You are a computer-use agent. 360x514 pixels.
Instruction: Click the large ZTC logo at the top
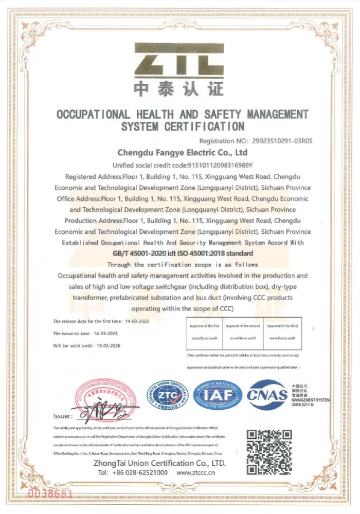179,61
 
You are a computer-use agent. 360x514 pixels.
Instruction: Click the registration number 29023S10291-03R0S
282,140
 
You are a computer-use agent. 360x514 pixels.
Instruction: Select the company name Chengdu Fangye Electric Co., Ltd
183,153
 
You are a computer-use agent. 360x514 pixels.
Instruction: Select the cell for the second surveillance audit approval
243,332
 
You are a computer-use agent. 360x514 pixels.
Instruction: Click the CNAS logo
267,395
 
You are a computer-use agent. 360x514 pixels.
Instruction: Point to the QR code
269,452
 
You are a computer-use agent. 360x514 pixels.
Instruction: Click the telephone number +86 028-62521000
140,472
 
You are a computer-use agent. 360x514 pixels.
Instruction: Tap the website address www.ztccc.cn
196,472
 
